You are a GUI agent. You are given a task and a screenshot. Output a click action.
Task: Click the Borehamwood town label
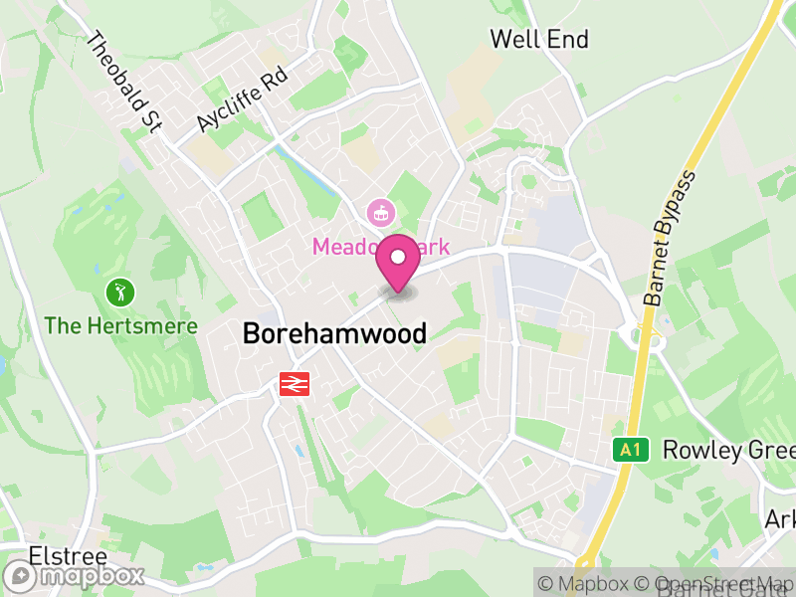[334, 334]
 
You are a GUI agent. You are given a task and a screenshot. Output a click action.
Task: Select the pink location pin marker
[399, 259]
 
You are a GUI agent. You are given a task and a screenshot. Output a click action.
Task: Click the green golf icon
[119, 293]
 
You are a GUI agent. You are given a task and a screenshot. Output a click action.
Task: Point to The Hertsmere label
[120, 325]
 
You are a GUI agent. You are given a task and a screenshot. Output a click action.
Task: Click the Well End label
[539, 40]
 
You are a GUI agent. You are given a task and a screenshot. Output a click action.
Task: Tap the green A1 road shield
[629, 450]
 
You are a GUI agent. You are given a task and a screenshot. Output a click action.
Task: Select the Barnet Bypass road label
[668, 238]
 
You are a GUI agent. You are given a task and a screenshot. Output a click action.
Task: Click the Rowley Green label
[727, 450]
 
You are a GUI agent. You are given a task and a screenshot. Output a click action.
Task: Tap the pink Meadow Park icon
[379, 211]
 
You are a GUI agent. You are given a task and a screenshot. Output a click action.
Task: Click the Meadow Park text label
[382, 245]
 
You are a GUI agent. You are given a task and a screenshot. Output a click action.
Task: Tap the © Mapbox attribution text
[586, 584]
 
